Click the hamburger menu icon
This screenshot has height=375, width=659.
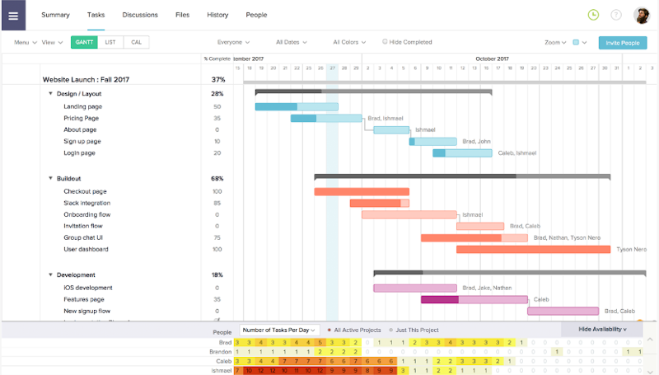click(x=13, y=15)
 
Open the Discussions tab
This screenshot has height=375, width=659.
click(x=140, y=15)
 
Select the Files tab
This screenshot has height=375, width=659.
click(x=182, y=15)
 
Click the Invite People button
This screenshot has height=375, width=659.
click(x=622, y=42)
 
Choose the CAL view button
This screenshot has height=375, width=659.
click(x=136, y=42)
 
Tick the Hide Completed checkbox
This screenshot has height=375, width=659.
click(x=385, y=42)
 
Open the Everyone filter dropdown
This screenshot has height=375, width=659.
click(x=234, y=42)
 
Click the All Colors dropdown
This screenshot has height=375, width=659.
click(x=349, y=42)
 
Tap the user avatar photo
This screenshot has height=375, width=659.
click(x=642, y=15)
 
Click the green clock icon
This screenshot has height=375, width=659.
click(x=593, y=15)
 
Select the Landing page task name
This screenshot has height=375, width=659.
click(x=82, y=106)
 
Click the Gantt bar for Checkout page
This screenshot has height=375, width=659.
click(x=361, y=191)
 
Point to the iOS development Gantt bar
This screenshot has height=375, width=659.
click(x=414, y=288)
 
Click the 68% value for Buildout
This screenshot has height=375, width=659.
click(x=217, y=178)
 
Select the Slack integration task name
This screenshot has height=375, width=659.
click(x=86, y=203)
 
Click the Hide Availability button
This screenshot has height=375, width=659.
click(x=601, y=329)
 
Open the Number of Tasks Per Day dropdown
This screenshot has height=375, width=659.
click(x=279, y=330)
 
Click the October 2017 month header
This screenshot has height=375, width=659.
click(x=492, y=59)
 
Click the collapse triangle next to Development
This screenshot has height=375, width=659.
click(x=50, y=274)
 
